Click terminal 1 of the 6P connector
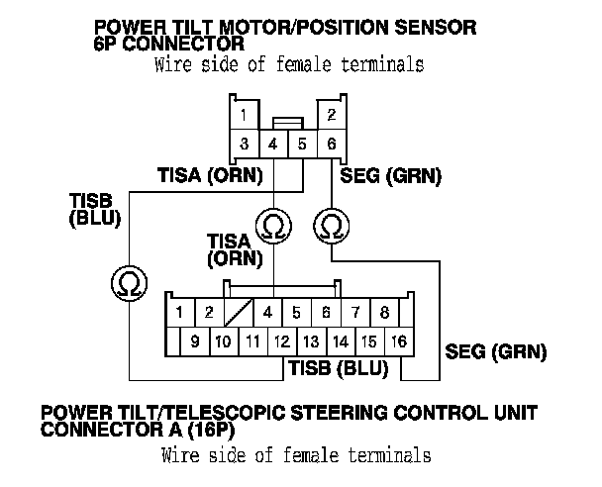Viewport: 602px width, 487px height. click(x=243, y=114)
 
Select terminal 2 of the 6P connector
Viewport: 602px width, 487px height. click(x=332, y=114)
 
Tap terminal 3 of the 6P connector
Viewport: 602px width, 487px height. click(x=243, y=145)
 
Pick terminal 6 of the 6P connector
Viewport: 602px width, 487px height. click(x=332, y=145)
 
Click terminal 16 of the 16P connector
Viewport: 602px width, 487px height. click(x=398, y=341)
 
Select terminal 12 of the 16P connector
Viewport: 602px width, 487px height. click(x=281, y=341)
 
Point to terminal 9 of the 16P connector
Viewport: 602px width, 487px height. click(x=195, y=341)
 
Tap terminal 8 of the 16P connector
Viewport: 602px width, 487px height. click(x=384, y=313)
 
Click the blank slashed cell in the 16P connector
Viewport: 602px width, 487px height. click(x=238, y=313)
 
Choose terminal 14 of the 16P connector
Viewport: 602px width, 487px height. click(x=340, y=341)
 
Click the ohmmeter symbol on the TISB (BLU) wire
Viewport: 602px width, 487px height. click(x=127, y=283)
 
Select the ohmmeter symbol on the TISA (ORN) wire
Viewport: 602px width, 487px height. click(x=270, y=227)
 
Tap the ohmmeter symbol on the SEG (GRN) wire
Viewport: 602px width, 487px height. click(x=331, y=227)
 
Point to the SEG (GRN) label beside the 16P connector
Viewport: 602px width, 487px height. click(x=496, y=350)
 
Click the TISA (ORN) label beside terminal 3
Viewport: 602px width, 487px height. click(x=209, y=176)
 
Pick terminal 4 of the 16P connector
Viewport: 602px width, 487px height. click(x=267, y=313)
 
